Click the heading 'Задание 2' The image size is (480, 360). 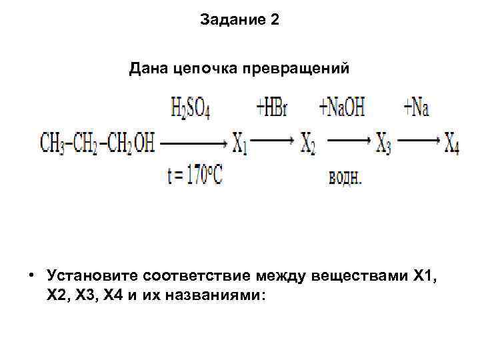point(239,20)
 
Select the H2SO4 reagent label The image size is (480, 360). point(191,108)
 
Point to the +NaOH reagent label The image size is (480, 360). point(342,108)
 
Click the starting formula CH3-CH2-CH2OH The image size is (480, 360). point(97,143)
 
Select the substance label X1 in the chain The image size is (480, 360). point(240,143)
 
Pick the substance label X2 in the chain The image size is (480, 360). point(308,143)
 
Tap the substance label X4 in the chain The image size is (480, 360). point(452,143)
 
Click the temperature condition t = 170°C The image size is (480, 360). point(195,177)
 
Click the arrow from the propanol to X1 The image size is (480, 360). point(193,142)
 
